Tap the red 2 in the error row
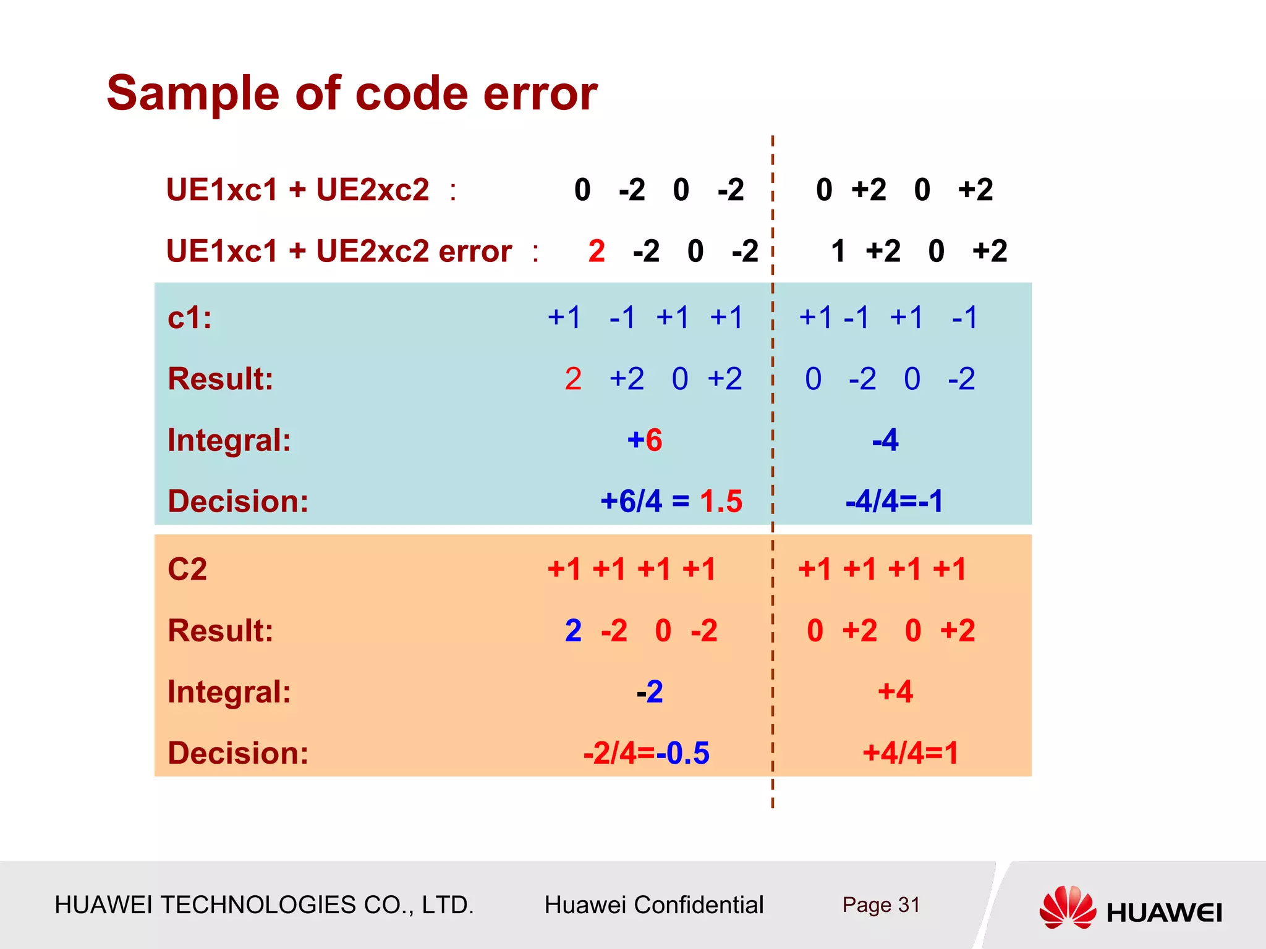coord(596,251)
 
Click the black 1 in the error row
coord(838,251)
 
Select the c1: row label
coord(190,318)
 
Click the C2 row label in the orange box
coord(187,569)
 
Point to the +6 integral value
coord(644,441)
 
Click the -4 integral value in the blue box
coord(885,441)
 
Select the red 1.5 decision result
coord(721,501)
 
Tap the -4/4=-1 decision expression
coord(894,501)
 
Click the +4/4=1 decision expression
coord(910,753)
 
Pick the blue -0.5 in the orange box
coord(682,753)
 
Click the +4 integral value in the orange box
coord(895,691)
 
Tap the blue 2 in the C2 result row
coord(573,631)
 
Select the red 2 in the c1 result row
coord(573,379)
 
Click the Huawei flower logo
coord(1067,907)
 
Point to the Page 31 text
coord(881,905)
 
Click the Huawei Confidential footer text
coord(653,905)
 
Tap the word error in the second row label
coord(475,251)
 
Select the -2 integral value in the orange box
coord(650,691)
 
